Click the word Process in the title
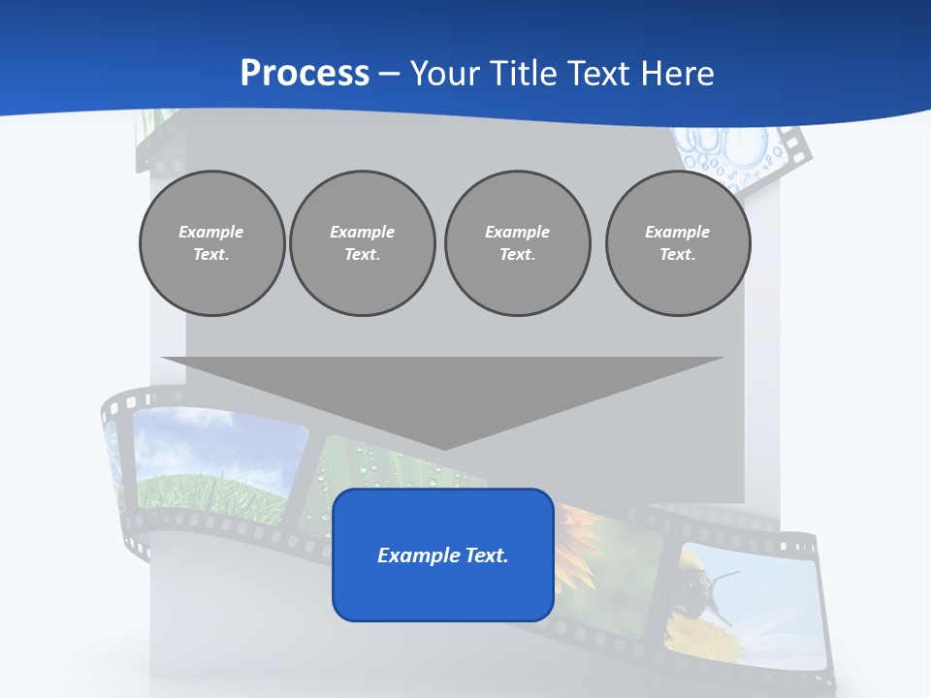tap(305, 74)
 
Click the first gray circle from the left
tap(211, 243)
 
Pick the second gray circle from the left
tap(362, 243)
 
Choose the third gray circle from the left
tap(517, 243)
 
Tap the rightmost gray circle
tap(677, 243)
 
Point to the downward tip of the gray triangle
tap(444, 449)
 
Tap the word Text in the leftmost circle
tap(210, 255)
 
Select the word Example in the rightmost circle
tap(677, 232)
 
